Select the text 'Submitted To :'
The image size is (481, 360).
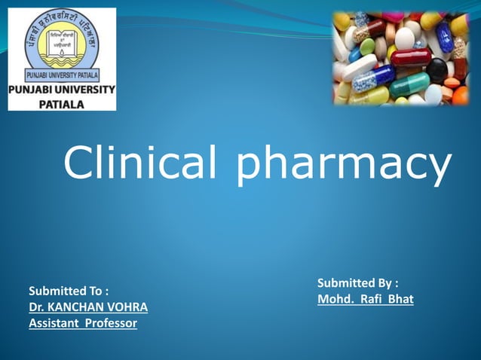click(69, 290)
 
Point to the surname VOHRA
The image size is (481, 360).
click(127, 307)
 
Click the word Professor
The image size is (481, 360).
click(109, 324)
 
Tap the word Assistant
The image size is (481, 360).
click(53, 324)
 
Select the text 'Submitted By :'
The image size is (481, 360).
click(357, 283)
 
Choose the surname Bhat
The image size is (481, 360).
click(400, 300)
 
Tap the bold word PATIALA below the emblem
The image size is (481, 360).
click(63, 104)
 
